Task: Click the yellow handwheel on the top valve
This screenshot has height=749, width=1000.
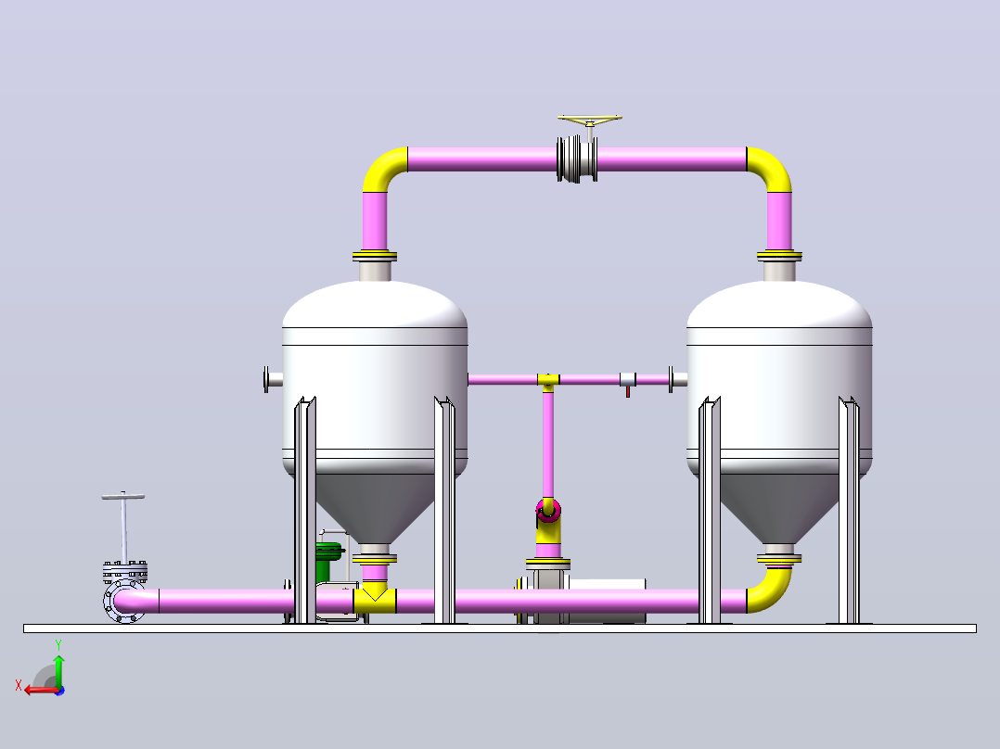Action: pos(589,120)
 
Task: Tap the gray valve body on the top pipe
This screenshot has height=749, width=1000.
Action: pos(577,159)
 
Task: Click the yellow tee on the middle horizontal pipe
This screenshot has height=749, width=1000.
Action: pos(548,381)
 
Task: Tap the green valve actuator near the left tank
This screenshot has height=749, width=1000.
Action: pos(329,561)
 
